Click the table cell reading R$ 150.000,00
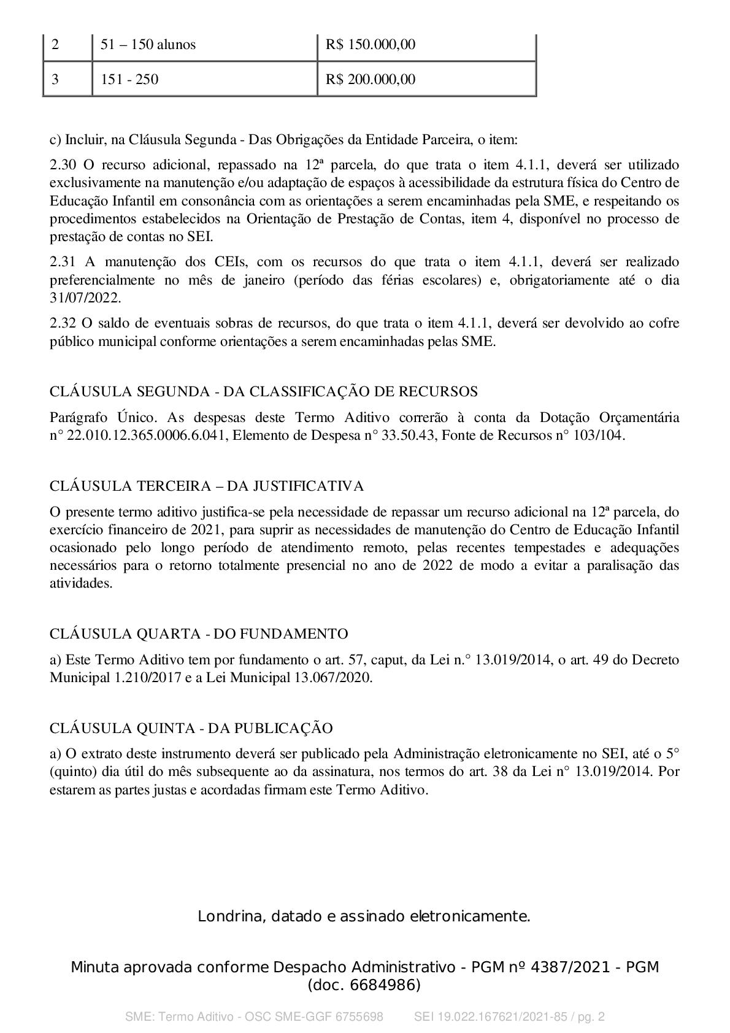point(371,45)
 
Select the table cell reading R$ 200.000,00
point(371,79)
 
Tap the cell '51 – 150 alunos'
point(148,45)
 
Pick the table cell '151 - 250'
point(129,79)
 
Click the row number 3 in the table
point(55,79)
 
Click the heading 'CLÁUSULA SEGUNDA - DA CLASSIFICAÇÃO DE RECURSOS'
point(264,391)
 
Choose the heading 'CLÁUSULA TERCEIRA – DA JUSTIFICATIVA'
point(207,486)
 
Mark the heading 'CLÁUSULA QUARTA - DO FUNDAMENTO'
point(199,634)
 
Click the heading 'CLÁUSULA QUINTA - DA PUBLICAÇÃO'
point(191,728)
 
